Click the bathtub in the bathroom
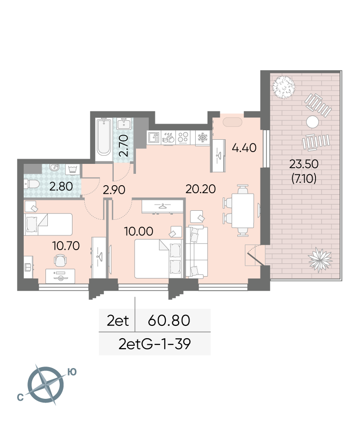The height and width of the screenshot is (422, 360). click(104, 137)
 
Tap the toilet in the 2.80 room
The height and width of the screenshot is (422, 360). click(32, 184)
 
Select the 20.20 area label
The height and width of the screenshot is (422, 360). click(200, 189)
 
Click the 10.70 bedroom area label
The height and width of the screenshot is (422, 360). click(66, 246)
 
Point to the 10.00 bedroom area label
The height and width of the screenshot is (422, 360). click(139, 231)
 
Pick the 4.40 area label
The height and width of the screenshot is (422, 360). click(244, 148)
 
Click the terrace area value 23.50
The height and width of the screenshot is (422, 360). click(304, 164)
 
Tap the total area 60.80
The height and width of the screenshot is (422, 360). click(169, 320)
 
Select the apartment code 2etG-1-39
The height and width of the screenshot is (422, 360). click(154, 344)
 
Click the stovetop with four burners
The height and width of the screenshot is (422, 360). click(183, 137)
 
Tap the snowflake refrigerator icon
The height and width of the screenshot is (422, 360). click(202, 137)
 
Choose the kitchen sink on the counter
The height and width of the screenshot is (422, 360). click(154, 137)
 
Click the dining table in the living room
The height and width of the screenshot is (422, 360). click(243, 210)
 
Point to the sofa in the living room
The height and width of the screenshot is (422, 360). click(197, 251)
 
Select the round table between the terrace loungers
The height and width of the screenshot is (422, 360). click(312, 122)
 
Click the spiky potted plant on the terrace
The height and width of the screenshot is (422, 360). click(320, 260)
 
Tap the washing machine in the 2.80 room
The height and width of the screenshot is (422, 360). click(72, 170)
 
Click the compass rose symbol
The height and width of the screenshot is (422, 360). click(46, 384)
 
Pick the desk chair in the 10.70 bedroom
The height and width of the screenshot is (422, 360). click(60, 260)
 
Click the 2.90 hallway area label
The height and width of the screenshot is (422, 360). click(114, 190)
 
